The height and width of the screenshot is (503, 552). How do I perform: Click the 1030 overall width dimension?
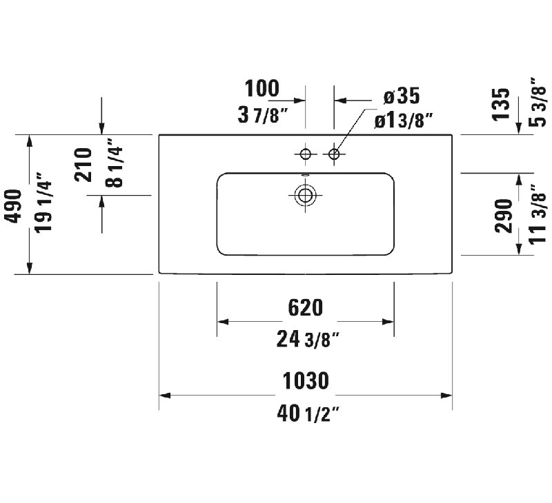click(x=306, y=380)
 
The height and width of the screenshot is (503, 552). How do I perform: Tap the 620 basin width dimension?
click(x=305, y=307)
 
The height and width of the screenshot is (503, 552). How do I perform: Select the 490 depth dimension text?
click(x=13, y=206)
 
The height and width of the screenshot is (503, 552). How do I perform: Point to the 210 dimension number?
click(x=83, y=165)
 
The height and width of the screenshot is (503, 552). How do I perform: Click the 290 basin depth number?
click(x=504, y=216)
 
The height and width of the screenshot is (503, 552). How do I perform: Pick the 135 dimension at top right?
click(x=501, y=105)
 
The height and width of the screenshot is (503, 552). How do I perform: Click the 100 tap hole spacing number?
click(x=262, y=88)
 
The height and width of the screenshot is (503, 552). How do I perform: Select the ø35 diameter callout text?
click(x=402, y=96)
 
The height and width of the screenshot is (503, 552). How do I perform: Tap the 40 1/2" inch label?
click(x=308, y=413)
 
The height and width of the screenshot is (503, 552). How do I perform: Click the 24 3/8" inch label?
click(x=308, y=339)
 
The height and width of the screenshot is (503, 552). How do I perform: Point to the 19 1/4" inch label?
click(x=43, y=202)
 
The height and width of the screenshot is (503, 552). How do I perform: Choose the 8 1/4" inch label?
click(x=114, y=163)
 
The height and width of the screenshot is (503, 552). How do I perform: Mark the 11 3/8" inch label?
click(x=538, y=214)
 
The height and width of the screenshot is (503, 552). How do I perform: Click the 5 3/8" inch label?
click(x=538, y=102)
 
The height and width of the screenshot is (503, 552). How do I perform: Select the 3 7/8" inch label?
click(x=263, y=115)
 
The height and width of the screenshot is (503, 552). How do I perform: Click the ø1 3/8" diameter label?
click(x=404, y=121)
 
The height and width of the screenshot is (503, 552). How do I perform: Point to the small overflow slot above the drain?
click(x=305, y=174)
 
